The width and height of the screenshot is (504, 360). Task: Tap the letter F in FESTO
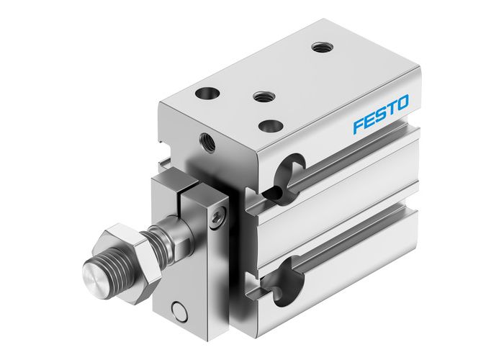point(358,126)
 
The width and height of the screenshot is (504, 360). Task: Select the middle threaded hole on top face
point(260,95)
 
